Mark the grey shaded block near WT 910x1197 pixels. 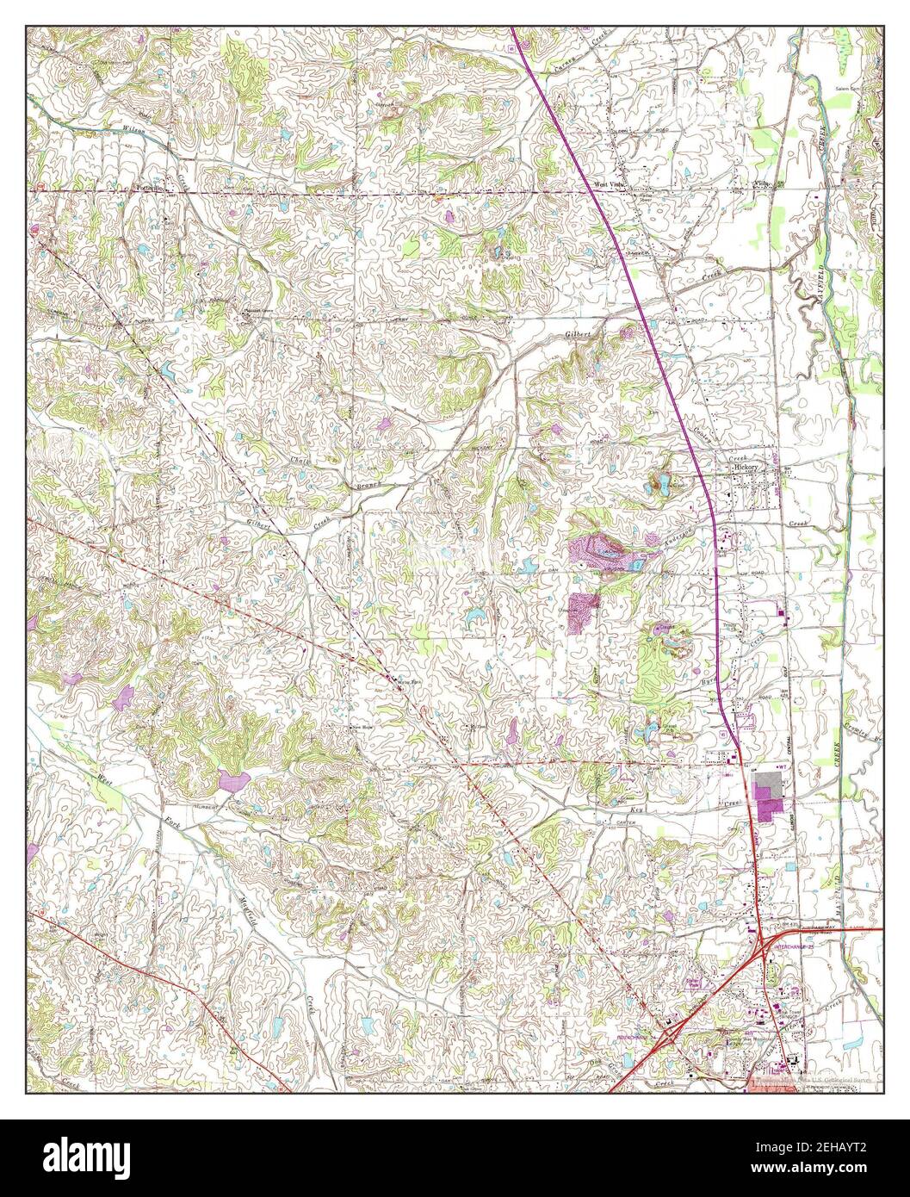click(x=765, y=785)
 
